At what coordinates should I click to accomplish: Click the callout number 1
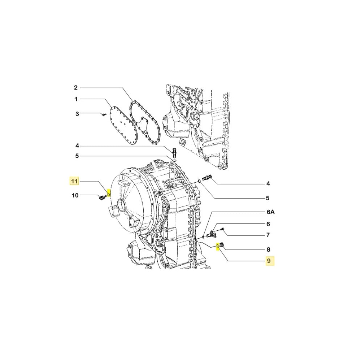pyautogui.click(x=76, y=99)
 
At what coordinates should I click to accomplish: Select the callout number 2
pyautogui.click(x=76, y=88)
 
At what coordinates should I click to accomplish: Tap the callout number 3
pyautogui.click(x=77, y=114)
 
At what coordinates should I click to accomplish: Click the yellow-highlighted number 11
pyautogui.click(x=74, y=181)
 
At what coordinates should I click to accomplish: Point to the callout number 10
pyautogui.click(x=75, y=196)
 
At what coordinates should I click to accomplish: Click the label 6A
pyautogui.click(x=270, y=213)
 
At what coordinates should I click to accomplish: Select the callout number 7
pyautogui.click(x=268, y=235)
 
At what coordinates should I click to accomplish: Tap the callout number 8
pyautogui.click(x=268, y=249)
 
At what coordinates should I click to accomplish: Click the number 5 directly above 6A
pyautogui.click(x=268, y=198)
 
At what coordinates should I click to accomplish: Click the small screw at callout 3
pyautogui.click(x=103, y=114)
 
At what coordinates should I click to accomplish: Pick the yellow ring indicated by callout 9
pyautogui.click(x=218, y=247)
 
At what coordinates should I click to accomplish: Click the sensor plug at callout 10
pyautogui.click(x=101, y=197)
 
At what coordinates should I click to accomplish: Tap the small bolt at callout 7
pyautogui.click(x=222, y=229)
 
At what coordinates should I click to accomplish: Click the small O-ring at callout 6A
pyautogui.click(x=204, y=236)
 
